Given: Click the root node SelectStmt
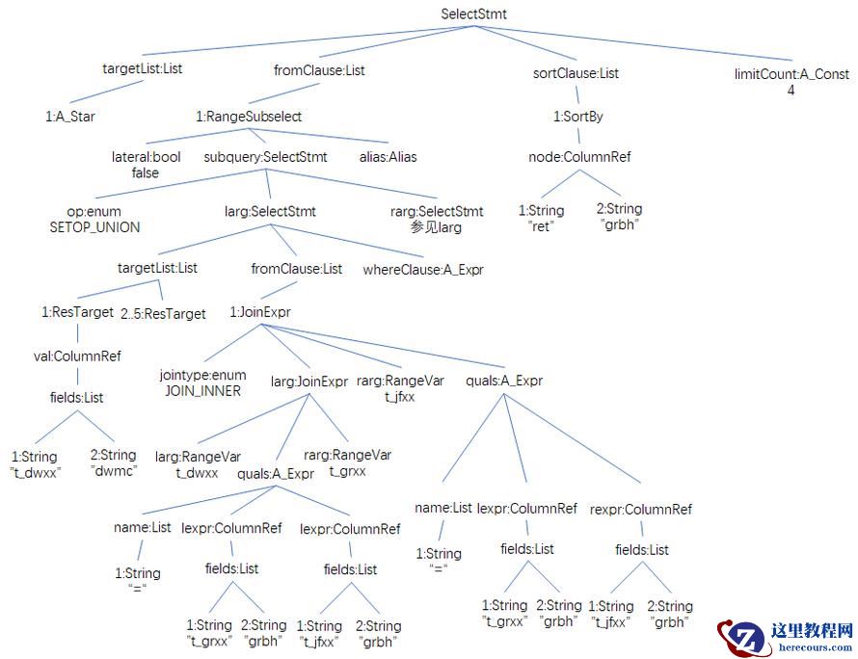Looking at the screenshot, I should coord(473,14).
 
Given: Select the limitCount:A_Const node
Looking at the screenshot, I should coord(791,74).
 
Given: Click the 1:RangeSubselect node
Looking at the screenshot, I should coord(249,117).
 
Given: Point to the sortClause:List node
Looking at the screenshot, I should coord(576,73).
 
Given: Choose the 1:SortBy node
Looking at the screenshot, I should coord(578,117).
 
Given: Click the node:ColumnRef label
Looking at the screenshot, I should coord(579,157).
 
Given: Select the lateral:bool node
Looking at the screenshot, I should coord(146,157).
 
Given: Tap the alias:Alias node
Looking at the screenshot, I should coord(389,157).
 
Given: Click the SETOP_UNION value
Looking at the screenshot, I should coord(94,227).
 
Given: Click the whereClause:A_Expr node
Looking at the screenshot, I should coord(422,270).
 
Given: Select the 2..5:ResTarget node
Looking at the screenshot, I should coord(164,313).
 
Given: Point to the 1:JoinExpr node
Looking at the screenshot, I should coord(260,312).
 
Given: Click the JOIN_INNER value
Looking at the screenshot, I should coord(202,391).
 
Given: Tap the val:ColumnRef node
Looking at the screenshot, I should coord(77,356).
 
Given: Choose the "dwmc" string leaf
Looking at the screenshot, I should coord(113,472).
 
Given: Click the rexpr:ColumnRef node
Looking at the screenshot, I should coord(640,509).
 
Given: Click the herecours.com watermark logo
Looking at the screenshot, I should coord(785,638).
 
